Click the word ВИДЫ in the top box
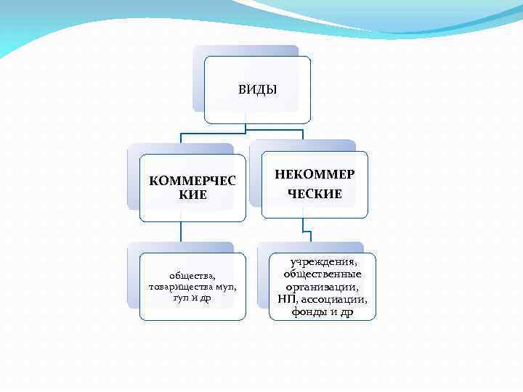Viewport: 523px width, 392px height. pos(257,90)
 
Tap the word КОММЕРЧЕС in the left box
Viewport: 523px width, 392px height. pos(192,181)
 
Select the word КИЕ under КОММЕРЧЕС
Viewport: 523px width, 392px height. pos(192,195)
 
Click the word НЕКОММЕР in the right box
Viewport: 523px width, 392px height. pos(315,175)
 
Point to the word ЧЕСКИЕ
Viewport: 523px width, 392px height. pos(315,194)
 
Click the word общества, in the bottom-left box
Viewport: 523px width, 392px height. pos(192,275)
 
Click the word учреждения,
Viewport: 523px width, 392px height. pos(323,261)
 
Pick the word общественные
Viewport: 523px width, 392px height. pos(323,274)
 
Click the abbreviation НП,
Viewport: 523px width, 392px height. pos(286,299)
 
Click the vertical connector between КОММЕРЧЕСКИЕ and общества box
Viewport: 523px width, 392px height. pos(180,232)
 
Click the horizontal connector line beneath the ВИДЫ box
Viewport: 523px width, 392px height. pos(218,134)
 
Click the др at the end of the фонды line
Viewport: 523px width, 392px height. pos(346,312)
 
